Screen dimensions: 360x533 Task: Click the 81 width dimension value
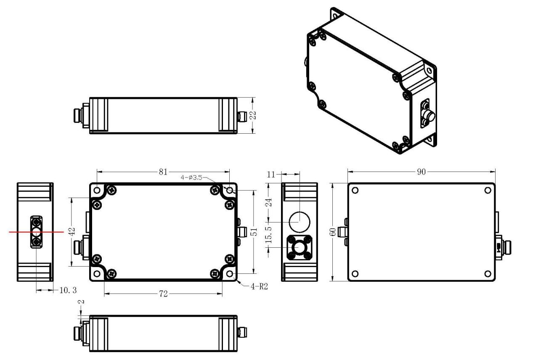[163, 172]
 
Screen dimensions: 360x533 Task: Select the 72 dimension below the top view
[163, 294]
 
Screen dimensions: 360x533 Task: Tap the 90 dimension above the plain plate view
[421, 172]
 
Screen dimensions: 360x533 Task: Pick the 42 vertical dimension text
[72, 232]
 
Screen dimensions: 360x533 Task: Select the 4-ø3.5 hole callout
[192, 178]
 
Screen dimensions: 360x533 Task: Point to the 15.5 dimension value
[269, 236]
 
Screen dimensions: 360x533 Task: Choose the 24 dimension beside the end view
[269, 202]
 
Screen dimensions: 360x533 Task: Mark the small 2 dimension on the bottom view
[80, 302]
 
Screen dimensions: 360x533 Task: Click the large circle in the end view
[300, 221]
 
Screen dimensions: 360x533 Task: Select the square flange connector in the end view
[299, 247]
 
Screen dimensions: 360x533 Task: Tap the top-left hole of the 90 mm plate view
[355, 190]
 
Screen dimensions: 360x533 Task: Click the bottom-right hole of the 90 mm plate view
[488, 274]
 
